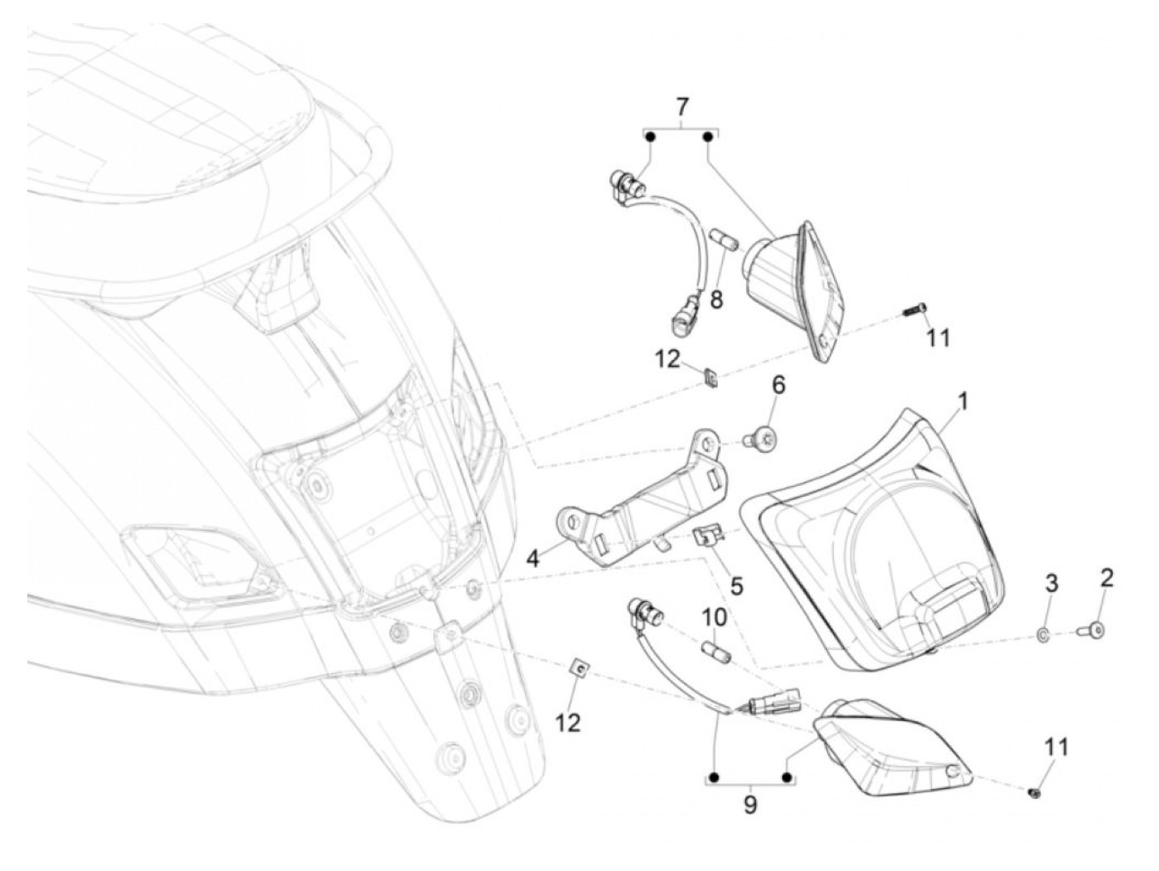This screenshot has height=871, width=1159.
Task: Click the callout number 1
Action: click(963, 403)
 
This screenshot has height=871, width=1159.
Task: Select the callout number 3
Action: click(1051, 584)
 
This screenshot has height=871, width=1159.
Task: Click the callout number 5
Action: click(736, 585)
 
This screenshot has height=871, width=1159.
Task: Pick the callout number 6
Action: click(778, 386)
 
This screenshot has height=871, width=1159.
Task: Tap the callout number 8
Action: click(716, 299)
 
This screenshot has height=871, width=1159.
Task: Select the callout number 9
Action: click(750, 805)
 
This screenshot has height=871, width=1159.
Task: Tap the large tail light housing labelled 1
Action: click(878, 538)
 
